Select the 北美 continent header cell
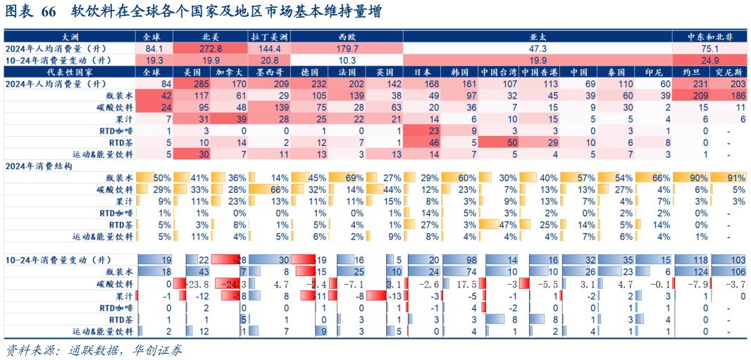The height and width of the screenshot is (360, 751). (x=211, y=37)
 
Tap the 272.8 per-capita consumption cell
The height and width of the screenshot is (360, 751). (x=211, y=49)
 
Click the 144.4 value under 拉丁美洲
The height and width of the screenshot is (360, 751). (x=269, y=49)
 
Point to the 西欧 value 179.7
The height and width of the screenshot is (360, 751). (x=347, y=49)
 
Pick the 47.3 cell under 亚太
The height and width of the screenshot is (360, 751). (x=537, y=49)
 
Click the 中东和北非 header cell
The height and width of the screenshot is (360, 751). (x=709, y=37)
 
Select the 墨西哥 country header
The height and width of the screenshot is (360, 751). (x=269, y=72)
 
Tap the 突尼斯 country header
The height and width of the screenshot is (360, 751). (x=728, y=72)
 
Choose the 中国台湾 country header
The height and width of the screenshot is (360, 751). (x=499, y=72)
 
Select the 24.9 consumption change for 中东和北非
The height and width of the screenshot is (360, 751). (x=709, y=61)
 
